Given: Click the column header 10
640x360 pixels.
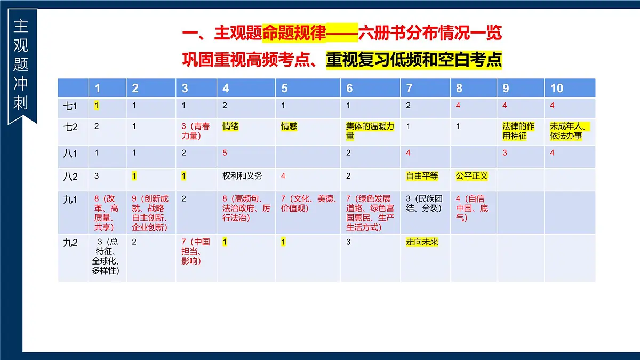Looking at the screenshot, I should point(557,89).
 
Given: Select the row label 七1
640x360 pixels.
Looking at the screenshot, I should point(70,106).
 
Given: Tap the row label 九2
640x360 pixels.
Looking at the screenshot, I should point(70,243).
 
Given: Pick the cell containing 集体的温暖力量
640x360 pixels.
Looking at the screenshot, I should point(370,131).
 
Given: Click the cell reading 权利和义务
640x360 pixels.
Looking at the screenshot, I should point(242,176).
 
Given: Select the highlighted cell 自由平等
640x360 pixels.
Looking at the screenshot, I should point(422,176).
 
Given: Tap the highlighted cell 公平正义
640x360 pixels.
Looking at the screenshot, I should point(471,176).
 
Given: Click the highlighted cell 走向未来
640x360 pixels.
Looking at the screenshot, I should point(422,242).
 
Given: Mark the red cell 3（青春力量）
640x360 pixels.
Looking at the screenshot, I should point(195,131).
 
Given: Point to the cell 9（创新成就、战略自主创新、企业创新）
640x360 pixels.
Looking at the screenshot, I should point(150,213).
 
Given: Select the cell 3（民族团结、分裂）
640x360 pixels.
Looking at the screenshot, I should point(424,204).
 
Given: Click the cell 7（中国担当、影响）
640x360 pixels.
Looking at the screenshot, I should point(195,251).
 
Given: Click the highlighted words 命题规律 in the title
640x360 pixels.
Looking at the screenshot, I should point(294,34).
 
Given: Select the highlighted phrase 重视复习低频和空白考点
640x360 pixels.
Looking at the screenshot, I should point(414,59).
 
